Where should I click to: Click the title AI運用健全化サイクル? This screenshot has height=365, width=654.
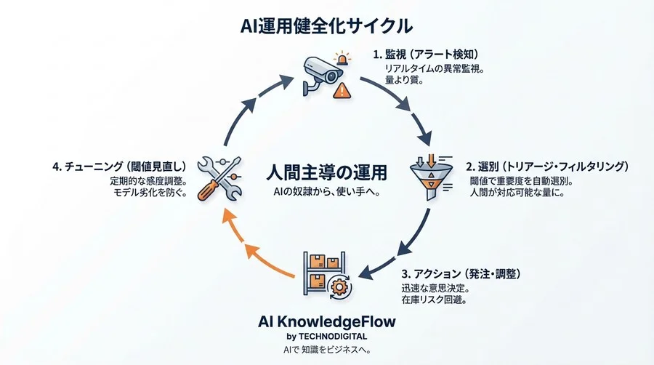327,25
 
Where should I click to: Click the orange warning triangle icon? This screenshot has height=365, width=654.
342,90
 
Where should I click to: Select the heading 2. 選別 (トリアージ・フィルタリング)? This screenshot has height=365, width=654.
546,167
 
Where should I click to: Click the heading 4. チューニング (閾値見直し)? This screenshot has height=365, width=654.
120,166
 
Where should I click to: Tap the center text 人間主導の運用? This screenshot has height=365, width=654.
326,173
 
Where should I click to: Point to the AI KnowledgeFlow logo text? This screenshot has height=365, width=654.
327,321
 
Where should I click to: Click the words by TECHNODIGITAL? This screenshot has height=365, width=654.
327,336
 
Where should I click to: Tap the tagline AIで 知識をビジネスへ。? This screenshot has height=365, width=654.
327,350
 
